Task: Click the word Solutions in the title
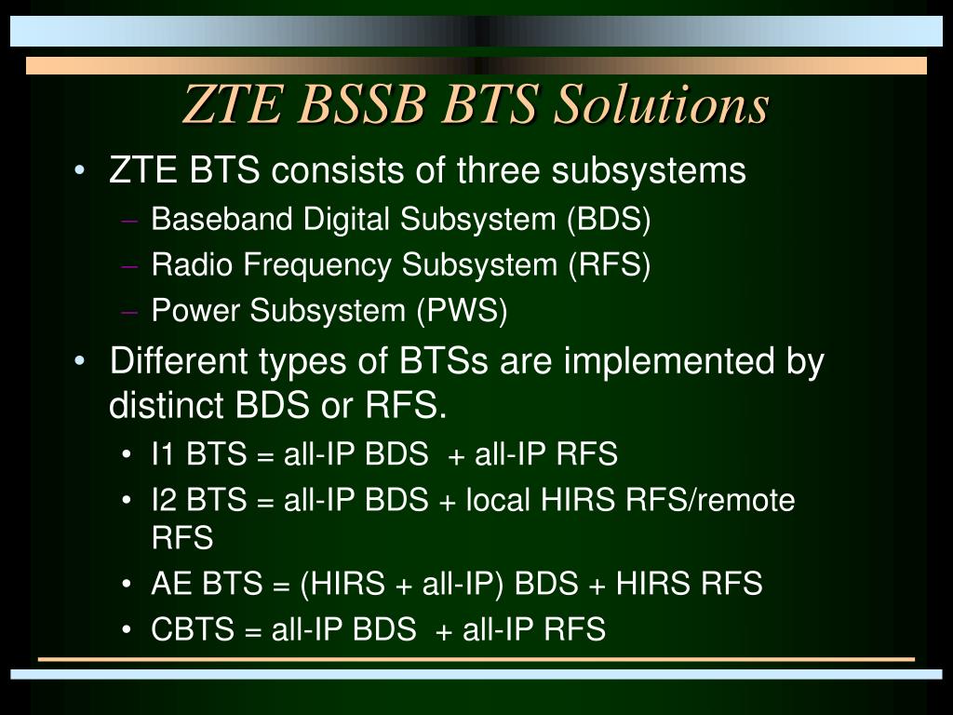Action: point(662,104)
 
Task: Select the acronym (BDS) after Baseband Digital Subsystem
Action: point(609,219)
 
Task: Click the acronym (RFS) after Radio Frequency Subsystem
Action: point(610,264)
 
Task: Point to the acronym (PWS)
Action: point(462,310)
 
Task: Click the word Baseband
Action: point(221,218)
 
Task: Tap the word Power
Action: point(195,310)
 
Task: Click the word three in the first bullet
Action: point(499,169)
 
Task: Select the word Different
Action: point(178,360)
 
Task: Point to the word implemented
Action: point(669,362)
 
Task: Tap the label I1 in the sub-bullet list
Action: point(164,453)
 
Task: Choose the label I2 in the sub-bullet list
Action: point(164,500)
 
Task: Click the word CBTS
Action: point(193,628)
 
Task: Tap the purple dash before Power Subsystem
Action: point(128,312)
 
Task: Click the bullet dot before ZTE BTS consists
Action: point(79,170)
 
